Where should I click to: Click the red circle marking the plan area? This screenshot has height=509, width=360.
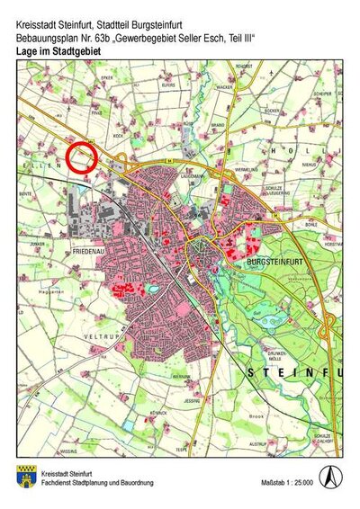(82, 156)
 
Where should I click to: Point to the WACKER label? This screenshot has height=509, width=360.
(224, 88)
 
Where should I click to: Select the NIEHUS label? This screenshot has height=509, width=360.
(310, 165)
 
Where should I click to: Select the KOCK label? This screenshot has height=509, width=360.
(116, 136)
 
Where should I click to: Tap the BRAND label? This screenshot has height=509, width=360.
(216, 125)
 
